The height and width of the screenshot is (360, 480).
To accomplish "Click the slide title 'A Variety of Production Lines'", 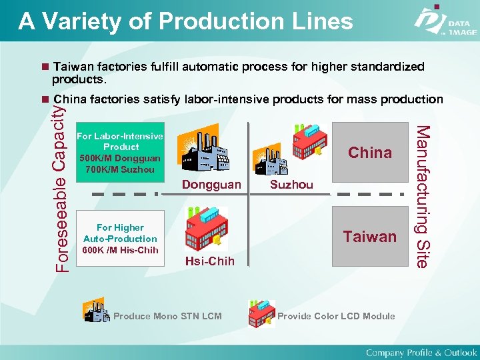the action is pos(185,21).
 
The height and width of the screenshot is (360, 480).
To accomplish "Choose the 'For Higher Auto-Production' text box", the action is pos(121,233).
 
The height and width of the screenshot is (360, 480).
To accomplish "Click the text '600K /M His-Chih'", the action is pos(121,250).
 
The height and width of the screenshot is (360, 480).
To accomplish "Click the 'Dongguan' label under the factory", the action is pos(211,185).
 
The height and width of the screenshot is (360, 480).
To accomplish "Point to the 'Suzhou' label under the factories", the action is pos(291,185).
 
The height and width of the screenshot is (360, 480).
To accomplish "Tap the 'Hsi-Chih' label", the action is pos(210,261).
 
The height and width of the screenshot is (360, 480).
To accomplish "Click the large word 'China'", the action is pos(370,153).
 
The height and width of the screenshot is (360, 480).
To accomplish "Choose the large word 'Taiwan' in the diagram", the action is pos(370,236).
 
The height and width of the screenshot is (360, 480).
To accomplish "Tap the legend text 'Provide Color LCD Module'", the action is pos(336,316).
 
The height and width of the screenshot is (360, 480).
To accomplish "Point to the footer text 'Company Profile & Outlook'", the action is pos(421,352).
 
